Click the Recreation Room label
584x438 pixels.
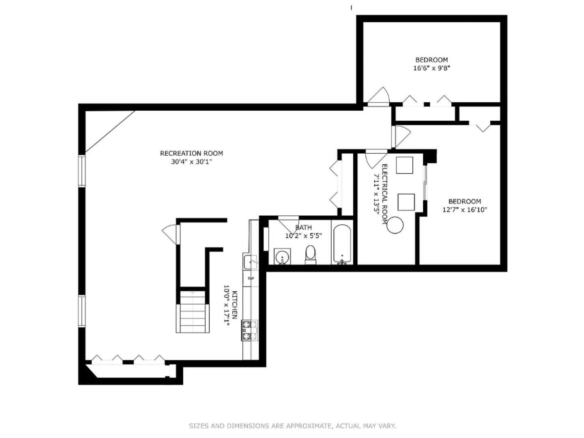point(191,153)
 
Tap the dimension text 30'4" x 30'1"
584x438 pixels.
point(191,162)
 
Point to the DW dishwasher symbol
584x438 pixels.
point(251,278)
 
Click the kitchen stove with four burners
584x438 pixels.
point(249,330)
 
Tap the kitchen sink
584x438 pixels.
point(250,262)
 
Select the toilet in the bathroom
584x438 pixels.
point(310,254)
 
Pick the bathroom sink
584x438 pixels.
point(282,257)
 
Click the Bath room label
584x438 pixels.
point(303,228)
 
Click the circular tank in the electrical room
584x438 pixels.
point(395,225)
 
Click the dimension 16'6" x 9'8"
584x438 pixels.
point(432,68)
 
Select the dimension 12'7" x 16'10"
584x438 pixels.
point(464,210)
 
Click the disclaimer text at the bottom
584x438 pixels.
point(292,426)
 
